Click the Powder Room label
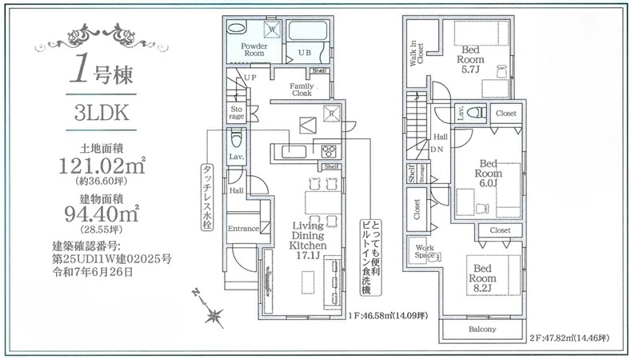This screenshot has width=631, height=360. pyautogui.click(x=254, y=50)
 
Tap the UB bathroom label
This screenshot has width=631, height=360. pyautogui.click(x=304, y=52)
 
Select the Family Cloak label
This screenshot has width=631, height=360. pyautogui.click(x=302, y=90)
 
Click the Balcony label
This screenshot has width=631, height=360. pyautogui.click(x=482, y=330)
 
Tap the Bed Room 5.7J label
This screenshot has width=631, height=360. pyautogui.click(x=470, y=59)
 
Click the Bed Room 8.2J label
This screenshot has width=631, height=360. pyautogui.click(x=482, y=278)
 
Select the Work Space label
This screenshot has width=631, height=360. pyautogui.click(x=425, y=252)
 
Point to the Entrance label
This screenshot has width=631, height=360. pyautogui.click(x=243, y=229)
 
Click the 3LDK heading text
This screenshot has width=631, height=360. pyautogui.click(x=102, y=113)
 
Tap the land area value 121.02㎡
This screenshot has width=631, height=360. pyautogui.click(x=102, y=165)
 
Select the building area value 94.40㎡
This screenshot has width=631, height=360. pyautogui.click(x=102, y=214)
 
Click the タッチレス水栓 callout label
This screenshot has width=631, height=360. pyautogui.click(x=206, y=198)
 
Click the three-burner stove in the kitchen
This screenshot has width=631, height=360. pyautogui.click(x=329, y=151)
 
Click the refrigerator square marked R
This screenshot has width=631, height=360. pyautogui.click(x=332, y=114)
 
